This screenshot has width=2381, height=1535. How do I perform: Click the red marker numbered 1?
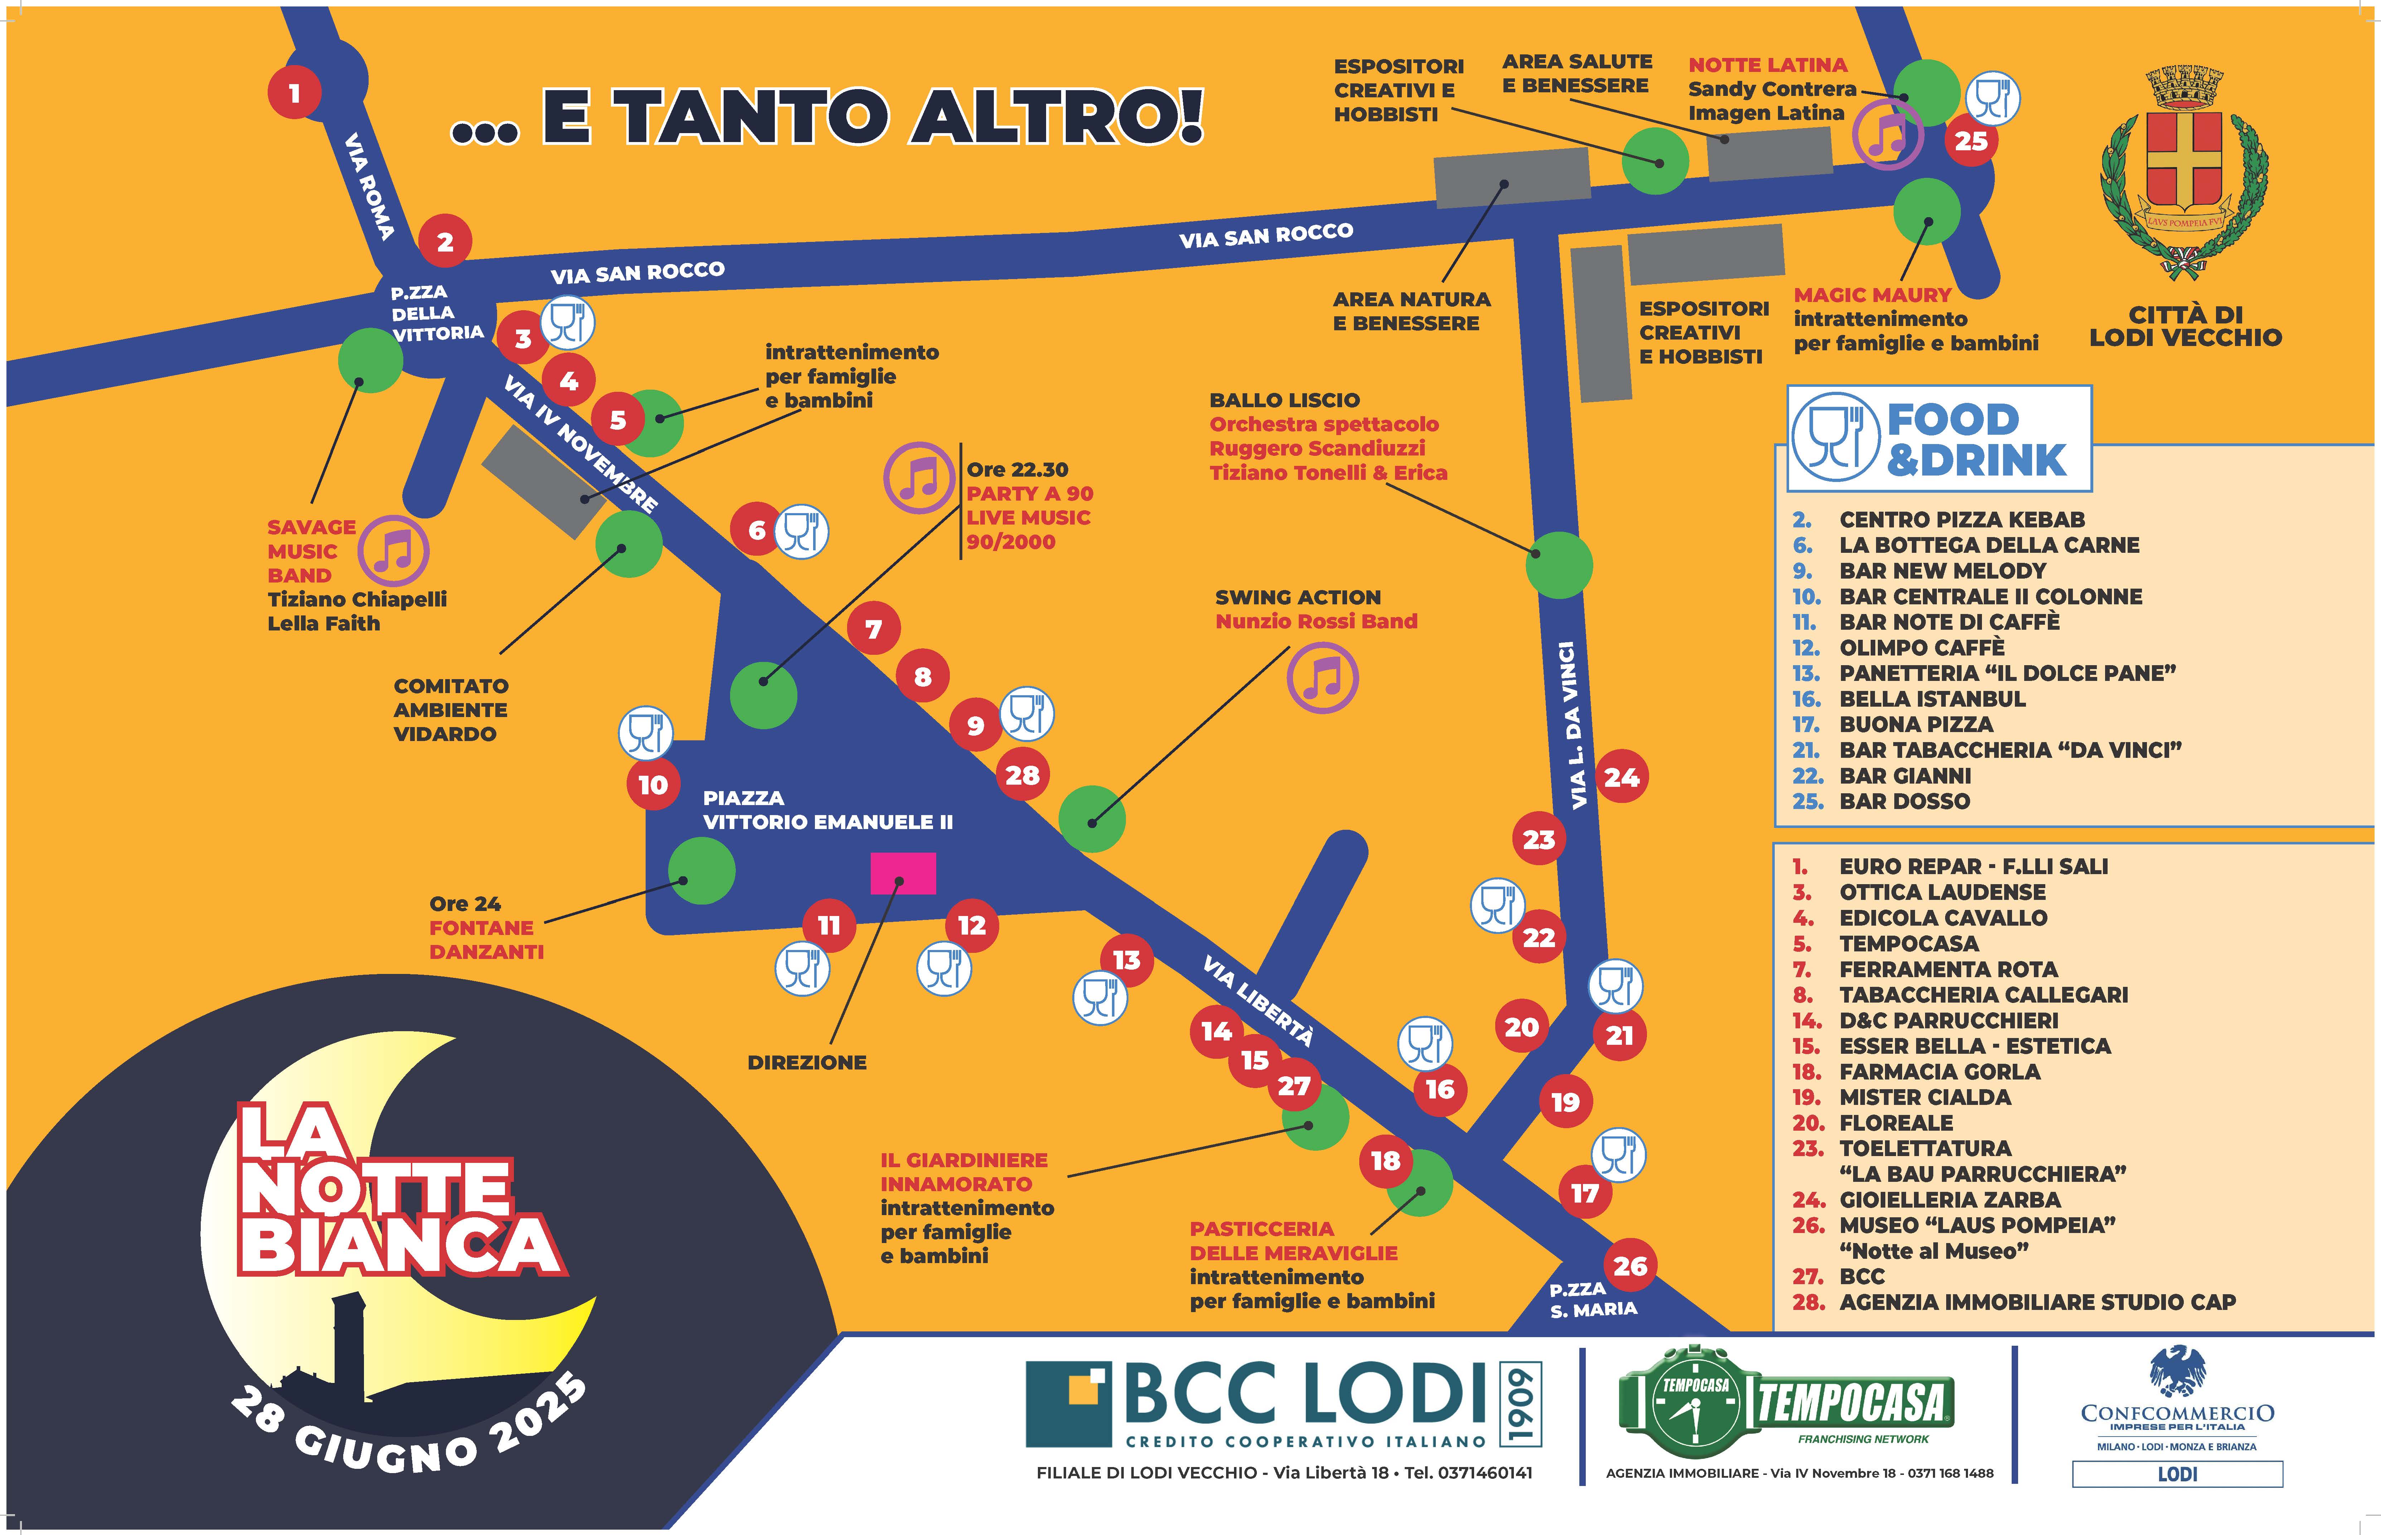(x=294, y=93)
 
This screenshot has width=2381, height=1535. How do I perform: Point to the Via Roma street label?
(x=369, y=186)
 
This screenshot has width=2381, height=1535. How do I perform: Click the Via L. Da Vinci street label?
(x=1572, y=725)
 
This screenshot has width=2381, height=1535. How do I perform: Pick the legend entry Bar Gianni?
(x=1905, y=775)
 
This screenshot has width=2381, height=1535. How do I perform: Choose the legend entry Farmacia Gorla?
(x=1939, y=1072)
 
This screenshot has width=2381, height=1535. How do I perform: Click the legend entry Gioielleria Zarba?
(x=1948, y=1199)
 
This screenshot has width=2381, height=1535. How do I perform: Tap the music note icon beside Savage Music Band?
(x=394, y=550)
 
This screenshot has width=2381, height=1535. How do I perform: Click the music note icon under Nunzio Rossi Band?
(x=1322, y=678)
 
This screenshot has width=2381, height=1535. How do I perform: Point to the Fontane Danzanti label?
(x=486, y=939)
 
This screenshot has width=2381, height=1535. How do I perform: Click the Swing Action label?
(x=1298, y=597)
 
